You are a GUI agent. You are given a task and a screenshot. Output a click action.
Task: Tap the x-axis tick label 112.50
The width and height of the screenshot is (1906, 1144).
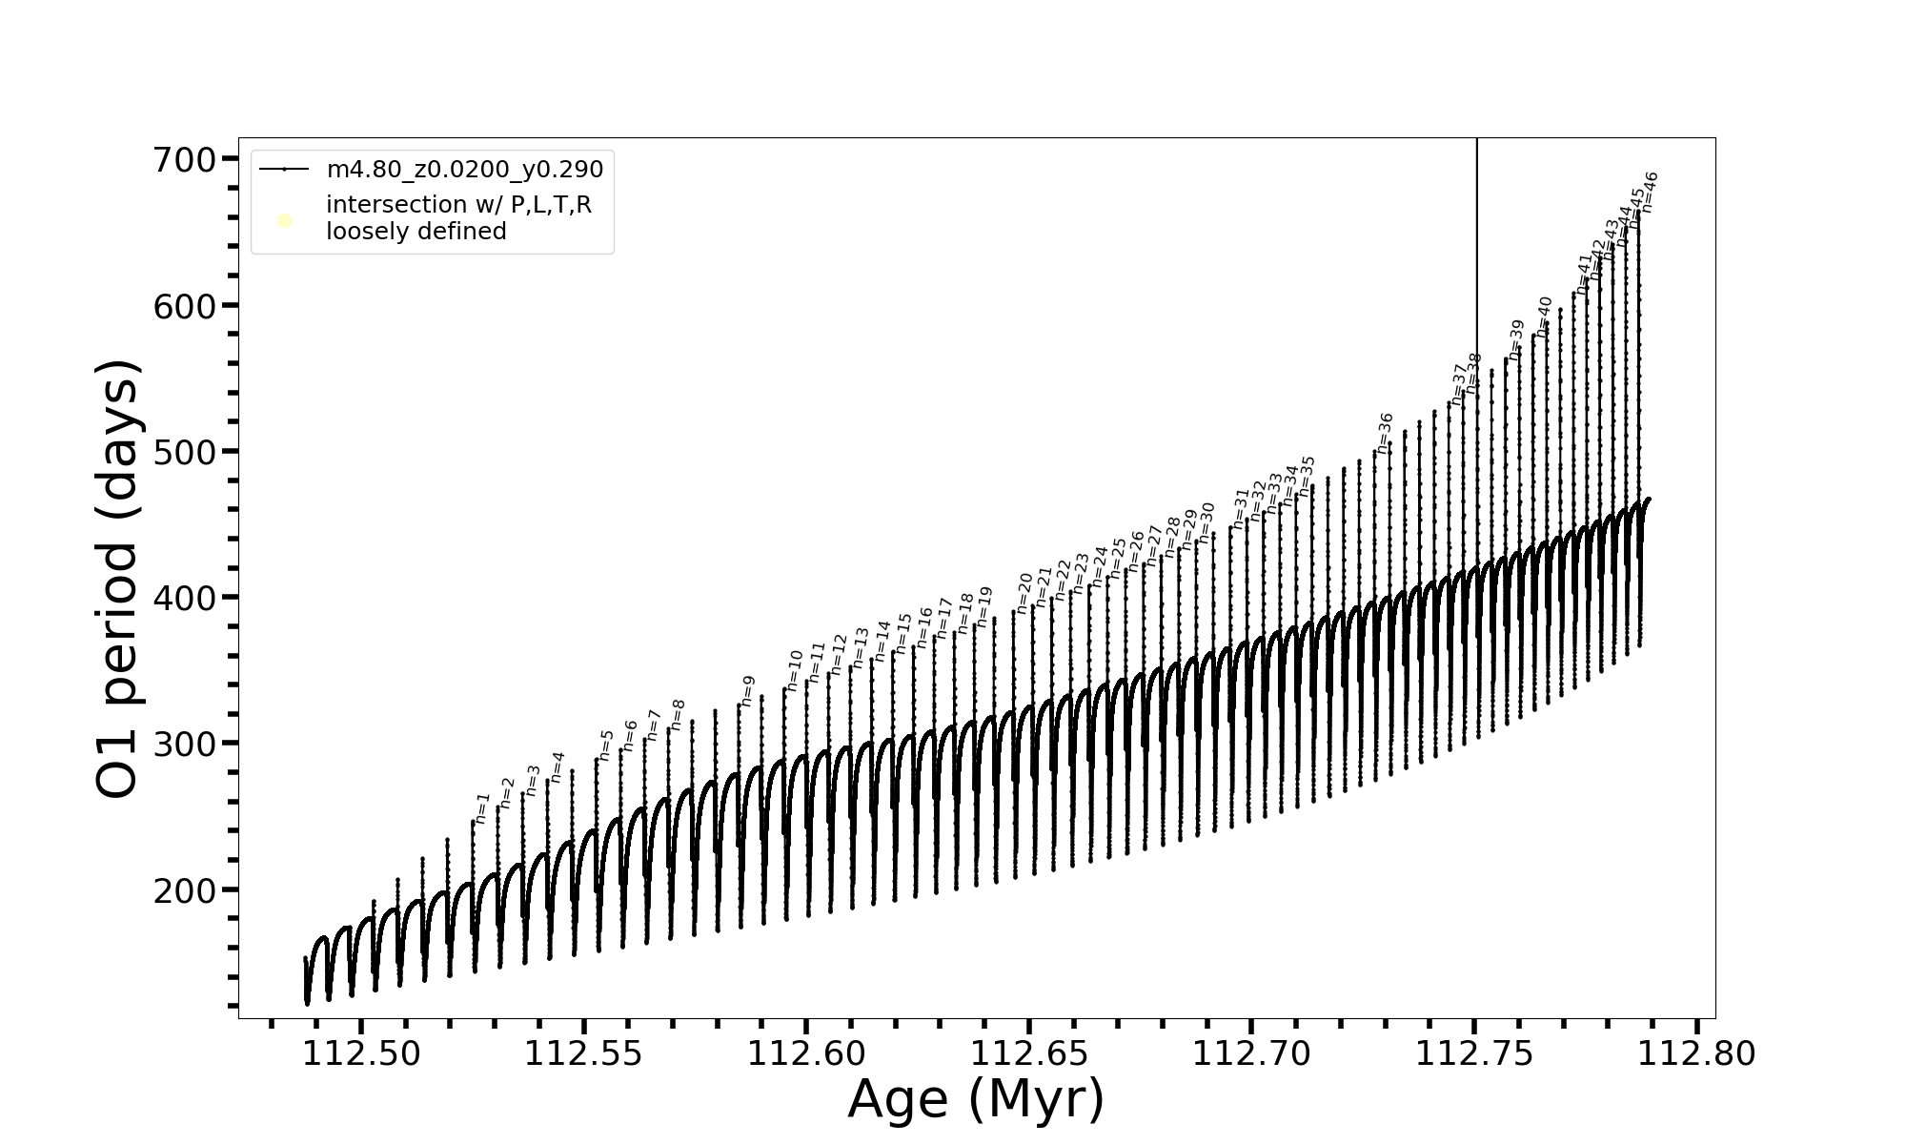(361, 1053)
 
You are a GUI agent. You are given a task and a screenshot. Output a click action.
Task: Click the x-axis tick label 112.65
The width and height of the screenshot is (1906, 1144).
(1029, 1053)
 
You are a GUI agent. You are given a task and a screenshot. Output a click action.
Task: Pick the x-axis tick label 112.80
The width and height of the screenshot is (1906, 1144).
(1697, 1053)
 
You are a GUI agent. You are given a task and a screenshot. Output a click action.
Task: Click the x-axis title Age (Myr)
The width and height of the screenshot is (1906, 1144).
(976, 1099)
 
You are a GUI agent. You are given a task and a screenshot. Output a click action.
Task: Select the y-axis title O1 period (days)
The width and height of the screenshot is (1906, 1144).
(118, 579)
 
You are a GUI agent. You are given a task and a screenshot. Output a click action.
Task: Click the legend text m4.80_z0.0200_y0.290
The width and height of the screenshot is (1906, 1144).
(465, 170)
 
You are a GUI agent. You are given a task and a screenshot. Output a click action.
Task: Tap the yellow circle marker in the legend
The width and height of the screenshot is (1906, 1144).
(284, 221)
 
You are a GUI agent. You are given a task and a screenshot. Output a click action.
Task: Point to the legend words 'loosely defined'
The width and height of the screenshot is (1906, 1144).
(416, 232)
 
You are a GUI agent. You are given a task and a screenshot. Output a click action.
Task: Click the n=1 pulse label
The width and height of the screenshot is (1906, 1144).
(482, 807)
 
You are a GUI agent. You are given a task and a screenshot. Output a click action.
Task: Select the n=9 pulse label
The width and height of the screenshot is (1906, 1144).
(748, 691)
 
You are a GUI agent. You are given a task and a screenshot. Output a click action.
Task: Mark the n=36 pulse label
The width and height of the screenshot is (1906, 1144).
(1386, 433)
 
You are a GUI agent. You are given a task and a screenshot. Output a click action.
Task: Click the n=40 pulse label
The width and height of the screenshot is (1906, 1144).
(1545, 317)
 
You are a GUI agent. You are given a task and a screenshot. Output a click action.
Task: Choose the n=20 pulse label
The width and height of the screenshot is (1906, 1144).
(1024, 592)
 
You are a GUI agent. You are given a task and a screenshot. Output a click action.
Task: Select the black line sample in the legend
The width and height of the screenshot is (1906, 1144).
(284, 170)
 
